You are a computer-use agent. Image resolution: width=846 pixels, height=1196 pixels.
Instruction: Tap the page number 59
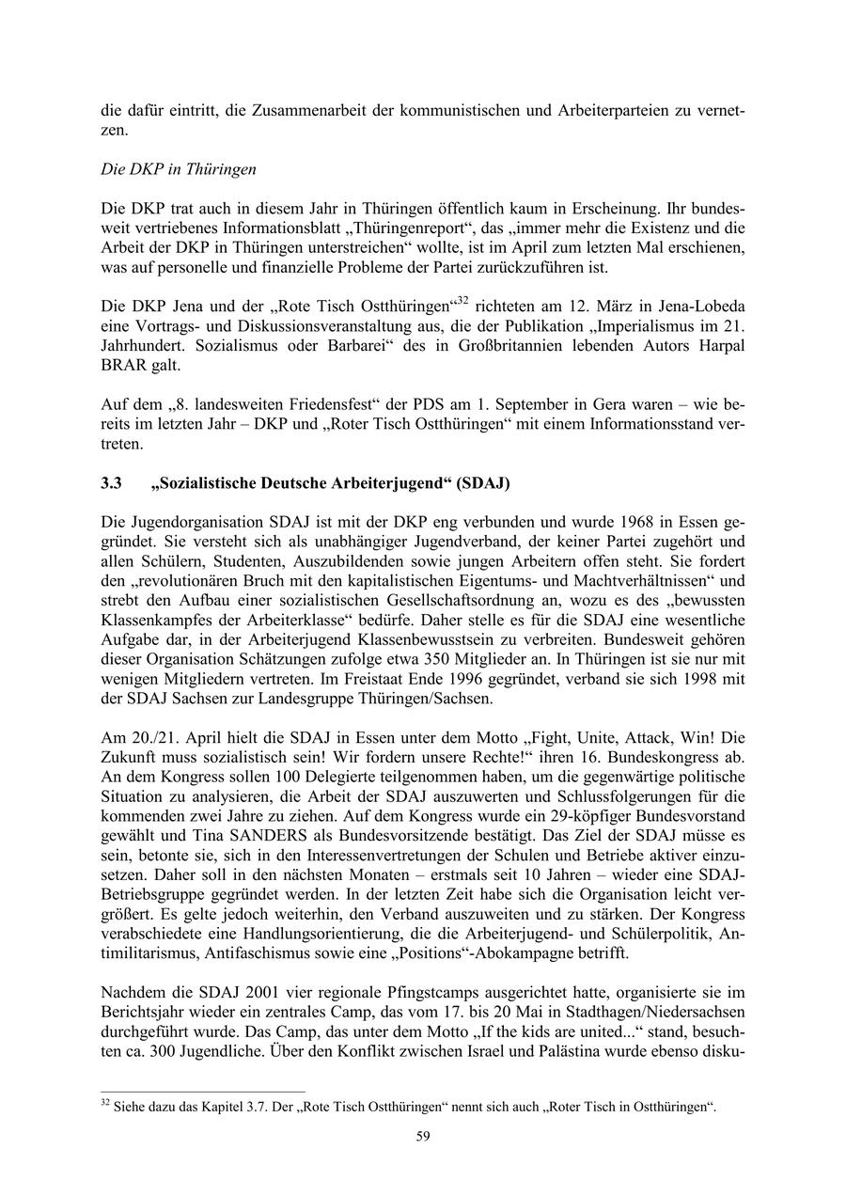pyautogui.click(x=423, y=1136)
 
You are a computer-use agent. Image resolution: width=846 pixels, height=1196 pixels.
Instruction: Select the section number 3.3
pyautogui.click(x=112, y=484)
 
